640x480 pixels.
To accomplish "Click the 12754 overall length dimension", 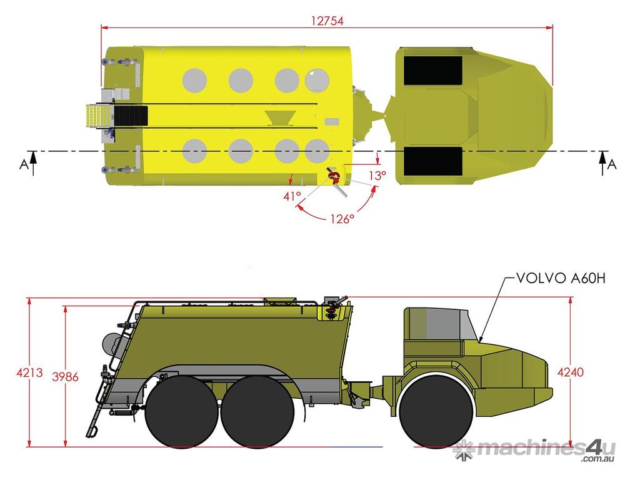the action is [327, 21].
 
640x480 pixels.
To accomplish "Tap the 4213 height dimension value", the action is [29, 372].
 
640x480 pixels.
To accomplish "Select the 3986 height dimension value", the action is [65, 376].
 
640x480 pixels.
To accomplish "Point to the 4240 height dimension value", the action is [571, 372].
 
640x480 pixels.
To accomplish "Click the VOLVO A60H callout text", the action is [561, 278].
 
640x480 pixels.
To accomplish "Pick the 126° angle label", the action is [342, 219].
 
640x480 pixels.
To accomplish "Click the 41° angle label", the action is [292, 196].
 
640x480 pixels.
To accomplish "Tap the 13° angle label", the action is [377, 176].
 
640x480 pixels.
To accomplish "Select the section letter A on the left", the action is [24, 164].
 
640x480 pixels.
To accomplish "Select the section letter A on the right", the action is [612, 164].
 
